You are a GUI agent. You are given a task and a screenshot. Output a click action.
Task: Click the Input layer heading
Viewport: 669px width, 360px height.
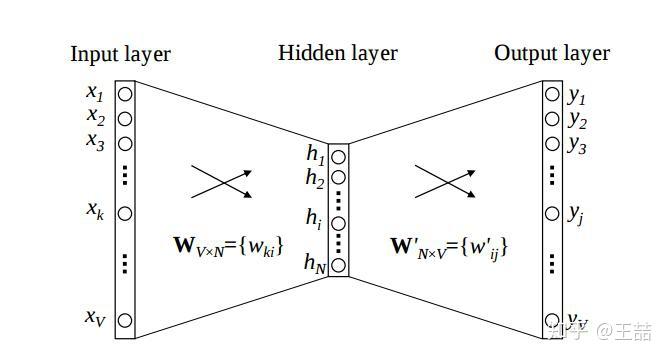pyautogui.click(x=120, y=54)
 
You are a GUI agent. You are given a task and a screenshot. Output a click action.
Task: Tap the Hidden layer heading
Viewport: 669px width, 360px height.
pyautogui.click(x=337, y=53)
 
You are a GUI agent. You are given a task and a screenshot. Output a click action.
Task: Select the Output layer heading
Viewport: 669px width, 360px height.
pyautogui.click(x=552, y=53)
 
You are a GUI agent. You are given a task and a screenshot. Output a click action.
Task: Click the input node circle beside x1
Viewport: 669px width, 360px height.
pyautogui.click(x=125, y=95)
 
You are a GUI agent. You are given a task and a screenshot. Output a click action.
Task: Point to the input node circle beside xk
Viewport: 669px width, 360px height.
pyautogui.click(x=125, y=213)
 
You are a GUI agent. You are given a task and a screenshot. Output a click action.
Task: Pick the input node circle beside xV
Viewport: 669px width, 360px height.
pyautogui.click(x=125, y=320)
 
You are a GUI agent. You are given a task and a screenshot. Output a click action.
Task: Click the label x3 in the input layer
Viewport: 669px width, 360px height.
pyautogui.click(x=95, y=141)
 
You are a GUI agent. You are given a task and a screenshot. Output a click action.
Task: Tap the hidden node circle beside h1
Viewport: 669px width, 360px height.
pyautogui.click(x=339, y=156)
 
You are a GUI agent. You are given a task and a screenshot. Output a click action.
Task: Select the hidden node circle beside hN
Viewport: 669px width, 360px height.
pyautogui.click(x=339, y=265)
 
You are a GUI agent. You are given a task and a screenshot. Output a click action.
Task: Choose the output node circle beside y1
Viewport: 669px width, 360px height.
pyautogui.click(x=552, y=96)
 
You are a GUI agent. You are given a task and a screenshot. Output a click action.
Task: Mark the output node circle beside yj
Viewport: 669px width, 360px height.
pyautogui.click(x=552, y=213)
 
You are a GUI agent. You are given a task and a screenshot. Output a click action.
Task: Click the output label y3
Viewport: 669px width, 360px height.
pyautogui.click(x=577, y=143)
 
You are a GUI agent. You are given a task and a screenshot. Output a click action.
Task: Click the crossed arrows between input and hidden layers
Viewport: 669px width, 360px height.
pyautogui.click(x=220, y=181)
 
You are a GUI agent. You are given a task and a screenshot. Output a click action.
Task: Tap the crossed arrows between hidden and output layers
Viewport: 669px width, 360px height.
pyautogui.click(x=444, y=181)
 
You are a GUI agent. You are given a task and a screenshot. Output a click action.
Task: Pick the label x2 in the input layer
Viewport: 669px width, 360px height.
pyautogui.click(x=95, y=118)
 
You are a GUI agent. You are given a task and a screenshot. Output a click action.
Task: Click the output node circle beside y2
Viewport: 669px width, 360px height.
pyautogui.click(x=552, y=119)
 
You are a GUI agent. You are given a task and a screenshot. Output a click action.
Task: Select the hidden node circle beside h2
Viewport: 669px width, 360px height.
pyautogui.click(x=339, y=178)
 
